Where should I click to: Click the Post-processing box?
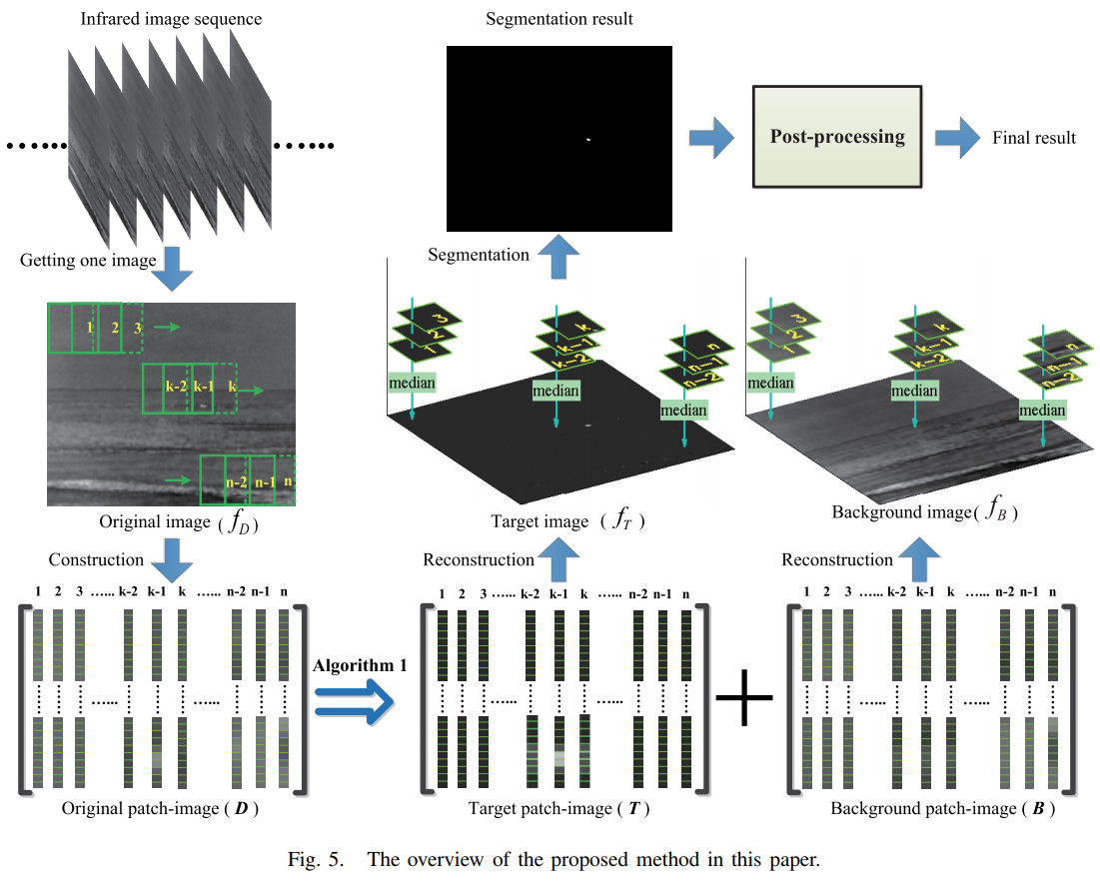[836, 137]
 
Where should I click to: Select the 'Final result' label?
[1034, 138]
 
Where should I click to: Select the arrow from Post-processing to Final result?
[956, 137]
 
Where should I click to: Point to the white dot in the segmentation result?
[588, 138]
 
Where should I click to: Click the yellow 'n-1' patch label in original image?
[264, 481]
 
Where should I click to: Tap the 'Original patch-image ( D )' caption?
[160, 808]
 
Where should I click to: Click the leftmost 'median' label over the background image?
[770, 383]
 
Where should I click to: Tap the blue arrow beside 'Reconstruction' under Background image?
[921, 558]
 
